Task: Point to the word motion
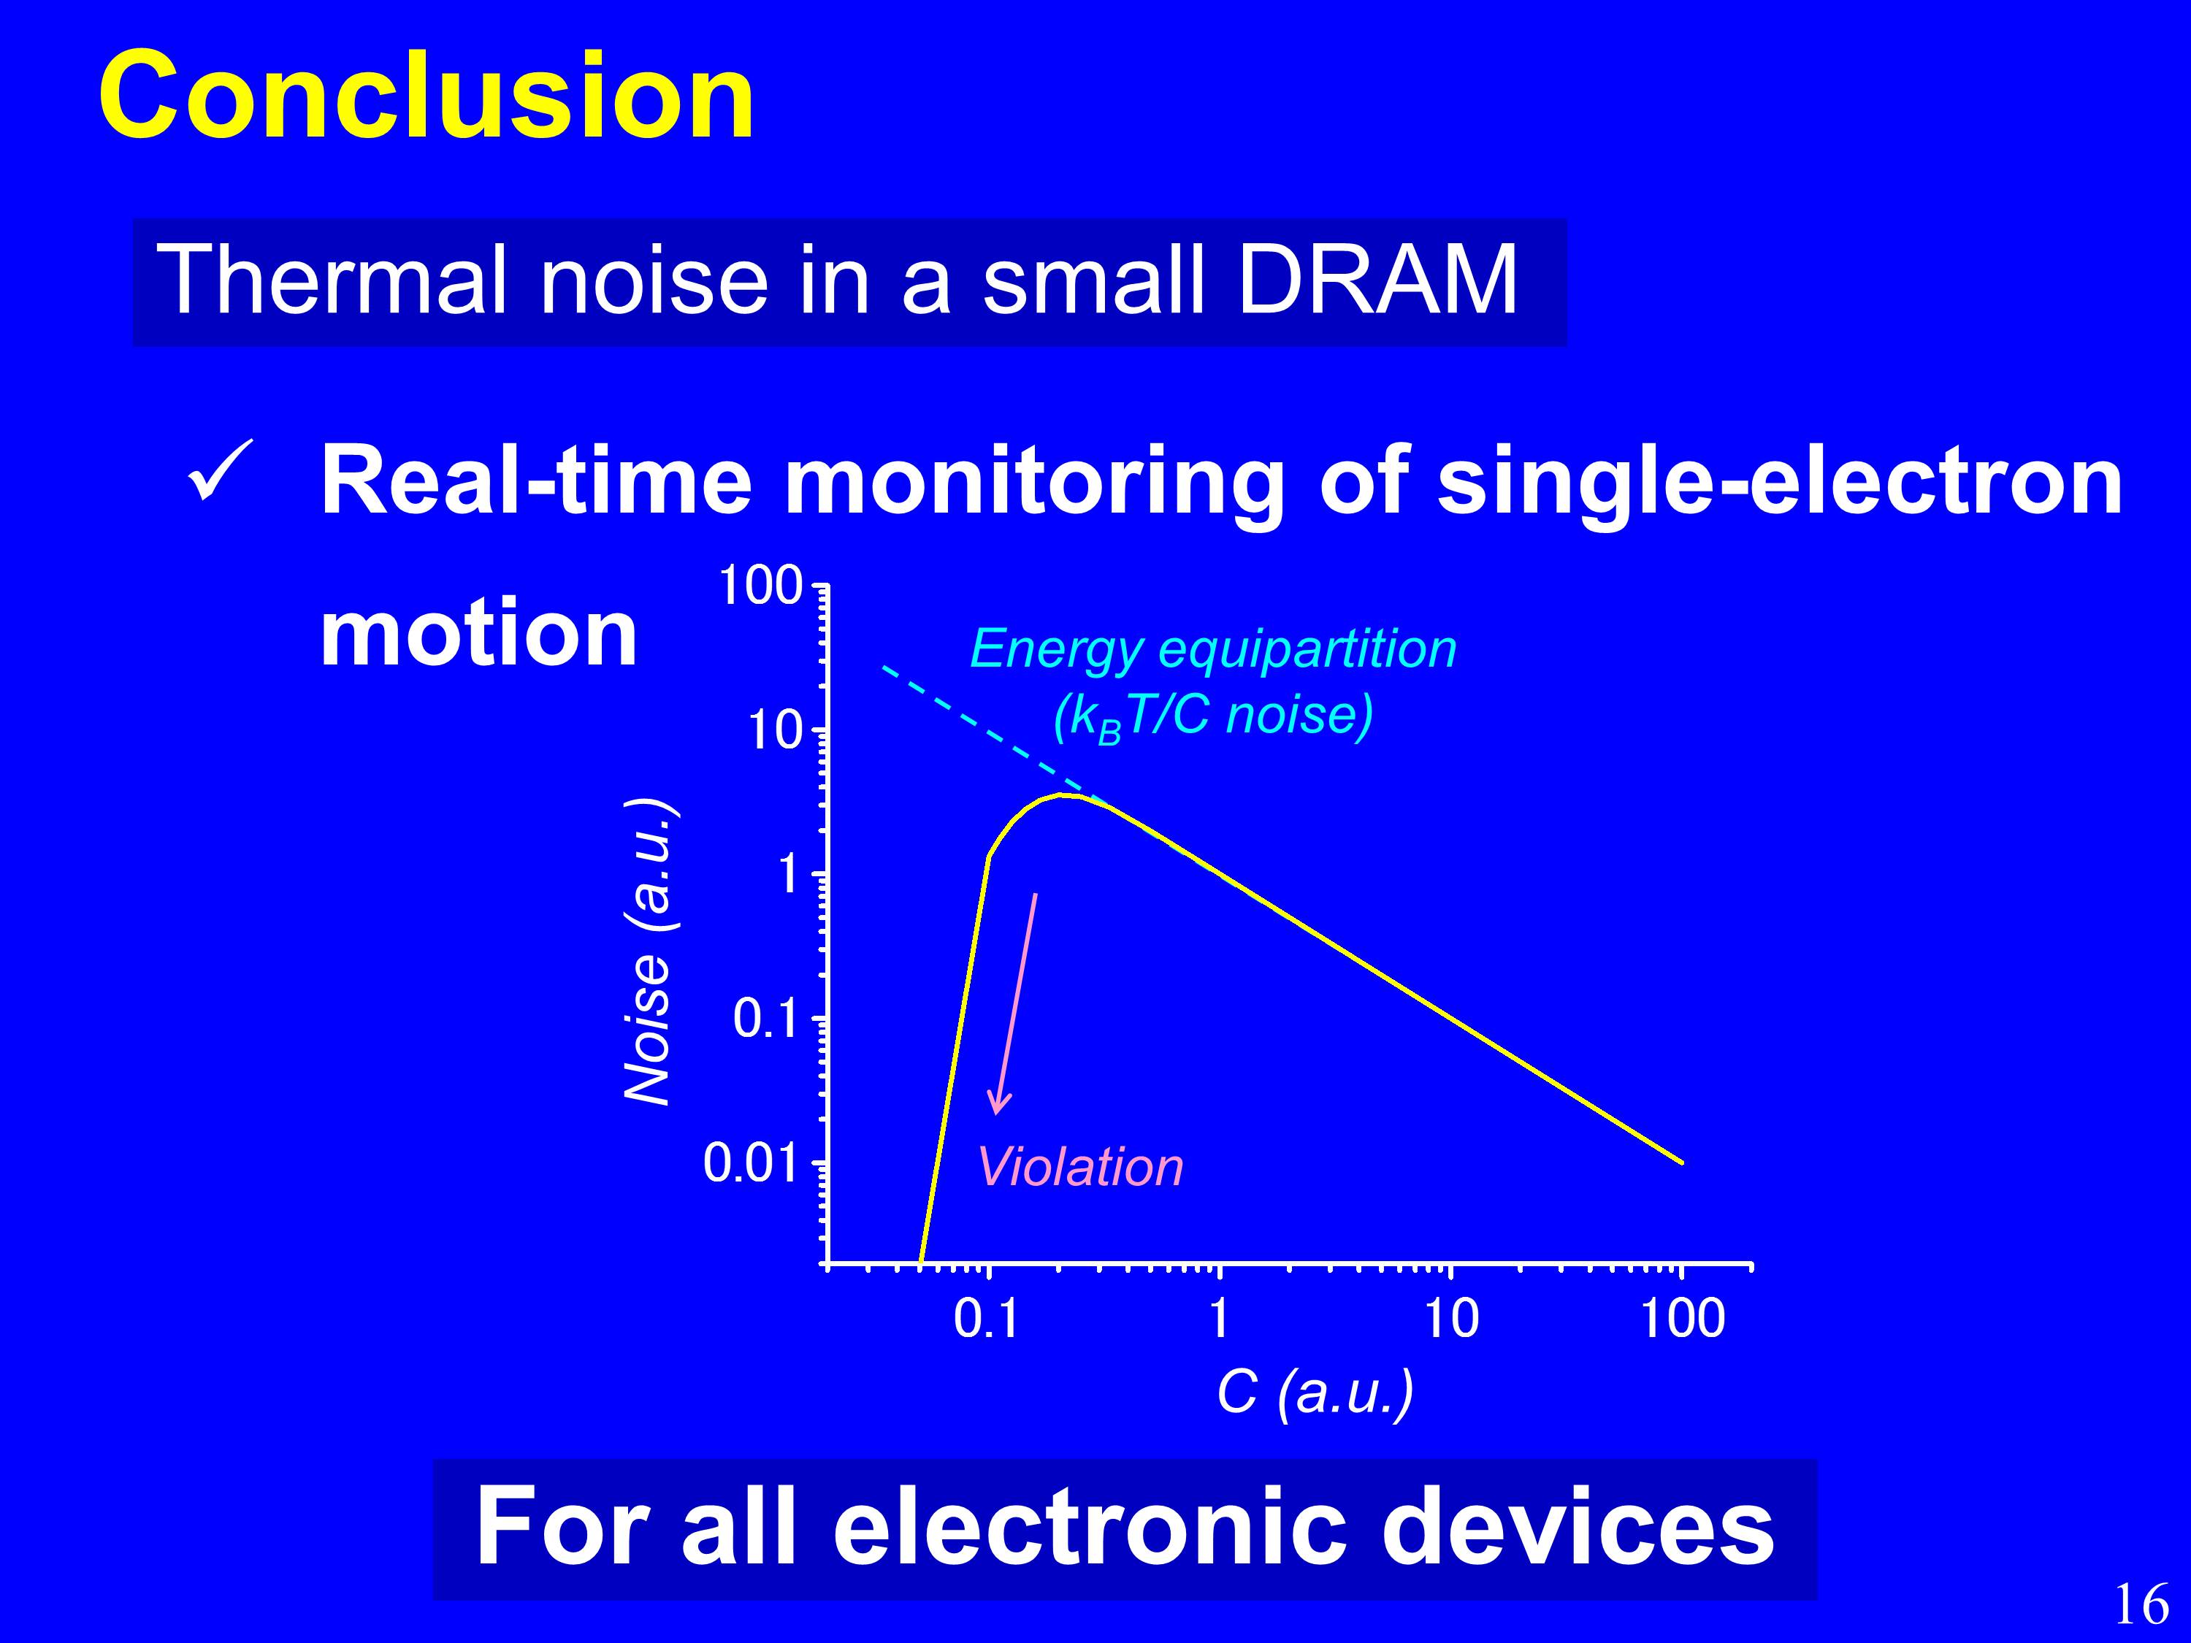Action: tap(478, 634)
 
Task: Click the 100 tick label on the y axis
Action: tap(760, 586)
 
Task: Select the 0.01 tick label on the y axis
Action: tap(751, 1164)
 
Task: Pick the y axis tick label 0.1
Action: tap(765, 1019)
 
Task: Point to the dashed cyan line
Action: tap(993, 732)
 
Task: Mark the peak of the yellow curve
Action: tap(1060, 794)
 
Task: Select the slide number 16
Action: tap(2141, 1604)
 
